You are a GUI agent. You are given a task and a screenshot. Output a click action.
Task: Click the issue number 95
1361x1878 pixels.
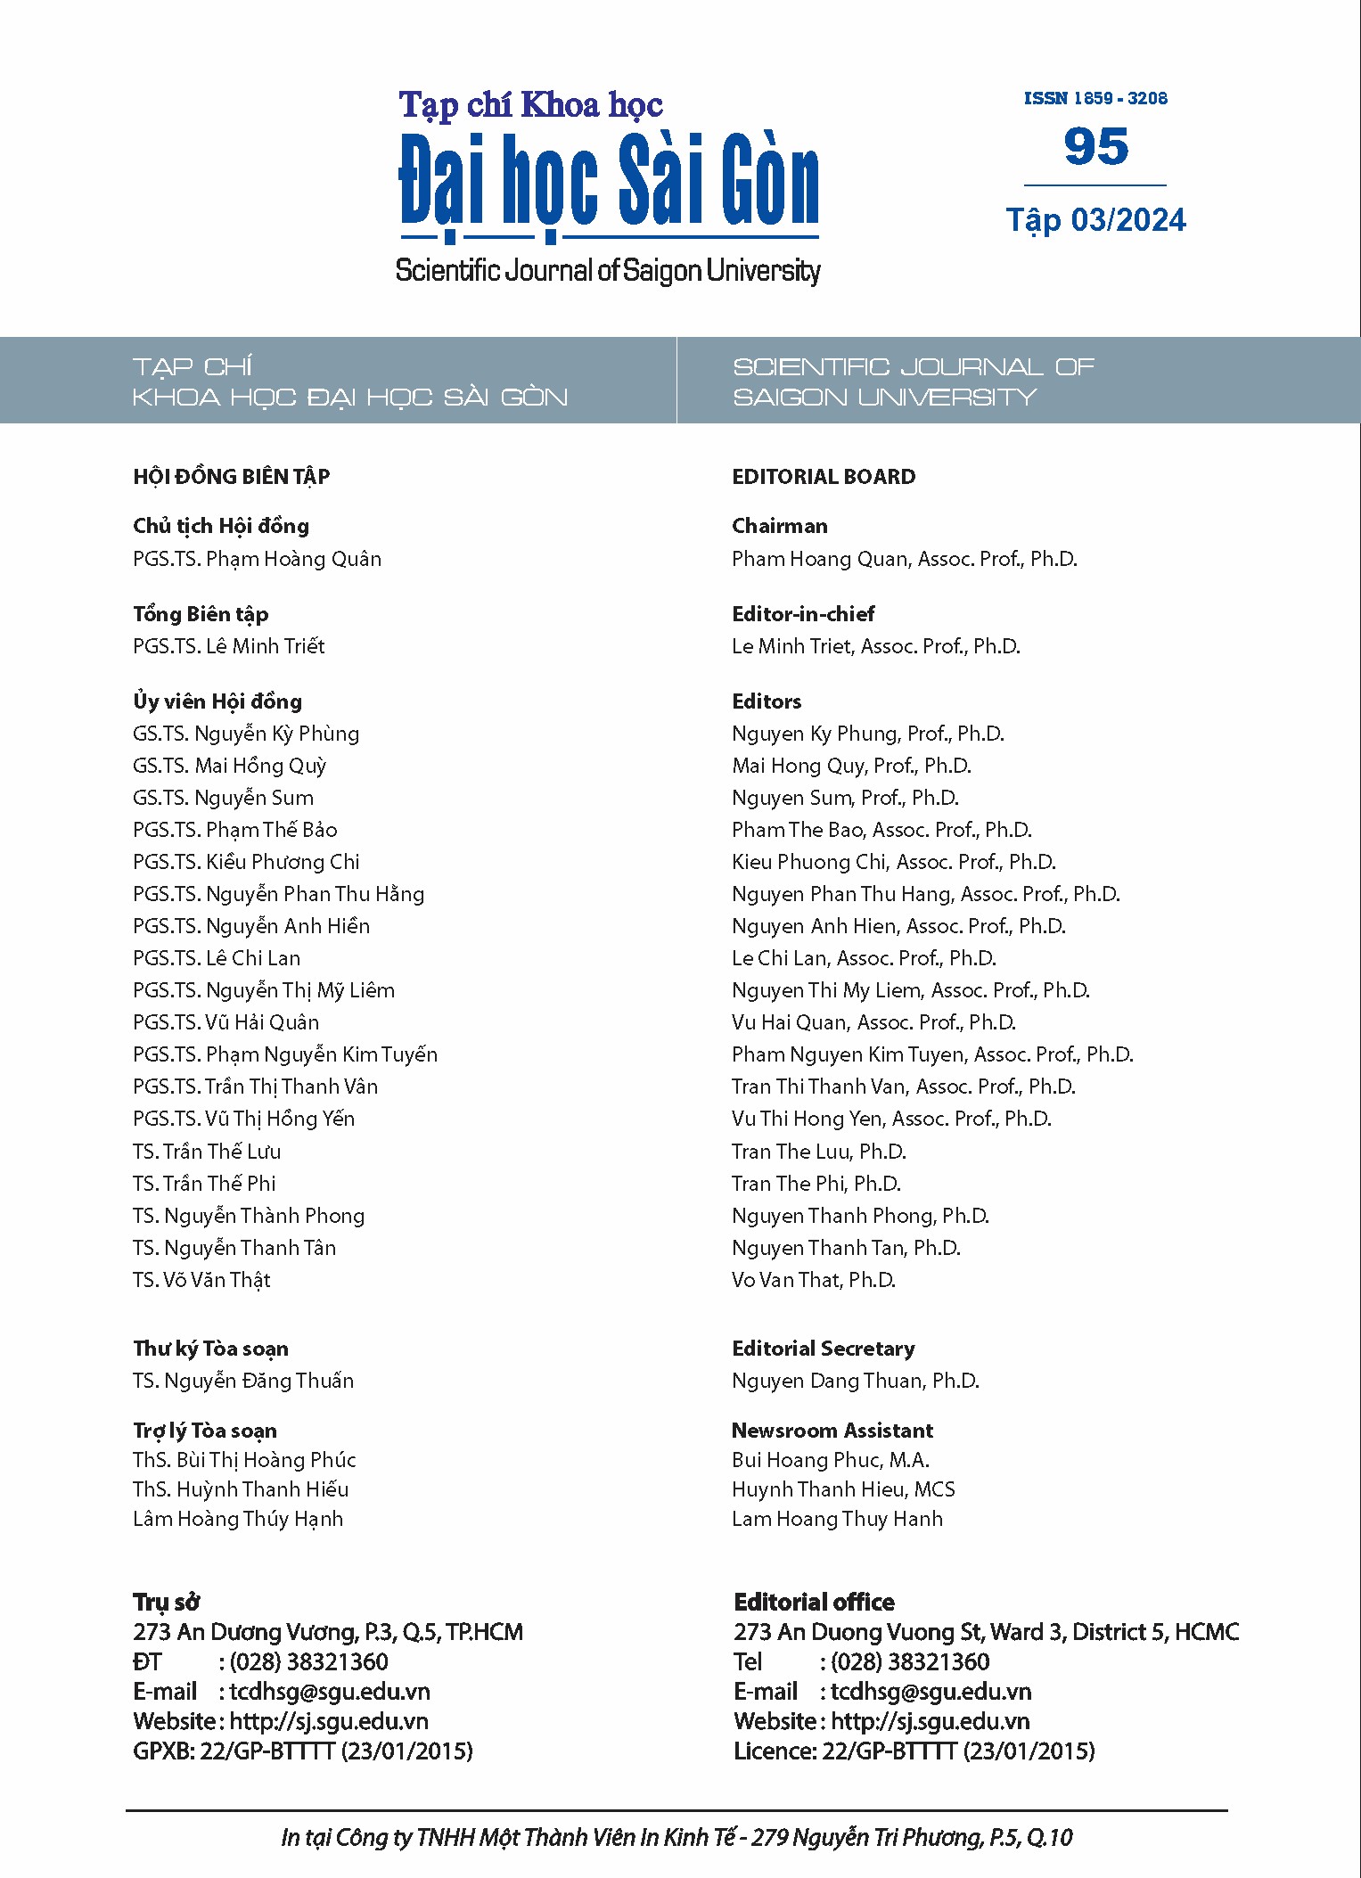tap(1095, 147)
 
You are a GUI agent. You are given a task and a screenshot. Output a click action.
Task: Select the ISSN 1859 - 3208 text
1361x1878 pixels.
tap(1095, 99)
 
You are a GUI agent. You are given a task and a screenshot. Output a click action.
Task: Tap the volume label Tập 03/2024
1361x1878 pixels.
tap(1095, 220)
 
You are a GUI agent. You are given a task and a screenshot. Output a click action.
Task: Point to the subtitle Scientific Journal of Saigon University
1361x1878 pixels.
tap(608, 270)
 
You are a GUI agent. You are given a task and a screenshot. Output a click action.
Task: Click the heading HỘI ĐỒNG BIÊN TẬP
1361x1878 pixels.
tap(231, 477)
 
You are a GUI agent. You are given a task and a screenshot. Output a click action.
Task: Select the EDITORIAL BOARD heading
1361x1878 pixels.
tap(823, 477)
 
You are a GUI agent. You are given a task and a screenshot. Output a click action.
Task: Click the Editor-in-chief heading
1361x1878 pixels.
tap(802, 614)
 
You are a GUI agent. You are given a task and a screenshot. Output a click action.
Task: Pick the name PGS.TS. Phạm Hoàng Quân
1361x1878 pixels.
tap(257, 559)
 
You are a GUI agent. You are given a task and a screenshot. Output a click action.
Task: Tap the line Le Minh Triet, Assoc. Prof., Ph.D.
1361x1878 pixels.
tap(875, 646)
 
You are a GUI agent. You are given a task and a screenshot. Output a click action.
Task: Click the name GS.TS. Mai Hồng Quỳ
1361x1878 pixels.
tap(229, 766)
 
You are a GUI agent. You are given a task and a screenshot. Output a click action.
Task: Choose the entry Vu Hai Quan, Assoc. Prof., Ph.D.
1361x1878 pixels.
tap(873, 1022)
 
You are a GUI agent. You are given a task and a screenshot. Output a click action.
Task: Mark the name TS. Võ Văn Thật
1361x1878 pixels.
tap(201, 1280)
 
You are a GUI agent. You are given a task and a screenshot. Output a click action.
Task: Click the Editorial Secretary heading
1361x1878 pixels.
tap(823, 1349)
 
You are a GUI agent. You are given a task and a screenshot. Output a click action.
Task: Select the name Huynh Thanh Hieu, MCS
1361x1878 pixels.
tap(842, 1489)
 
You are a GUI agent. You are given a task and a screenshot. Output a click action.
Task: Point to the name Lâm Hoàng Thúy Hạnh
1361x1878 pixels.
tap(237, 1519)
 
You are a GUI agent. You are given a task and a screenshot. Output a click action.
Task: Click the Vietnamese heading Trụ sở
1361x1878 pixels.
tap(166, 1602)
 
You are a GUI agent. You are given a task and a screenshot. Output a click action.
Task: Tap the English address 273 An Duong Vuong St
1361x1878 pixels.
tap(986, 1632)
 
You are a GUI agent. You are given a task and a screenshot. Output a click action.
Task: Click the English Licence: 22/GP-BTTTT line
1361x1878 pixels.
tap(914, 1751)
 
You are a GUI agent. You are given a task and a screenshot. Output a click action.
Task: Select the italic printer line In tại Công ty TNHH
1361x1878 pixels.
tap(676, 1838)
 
